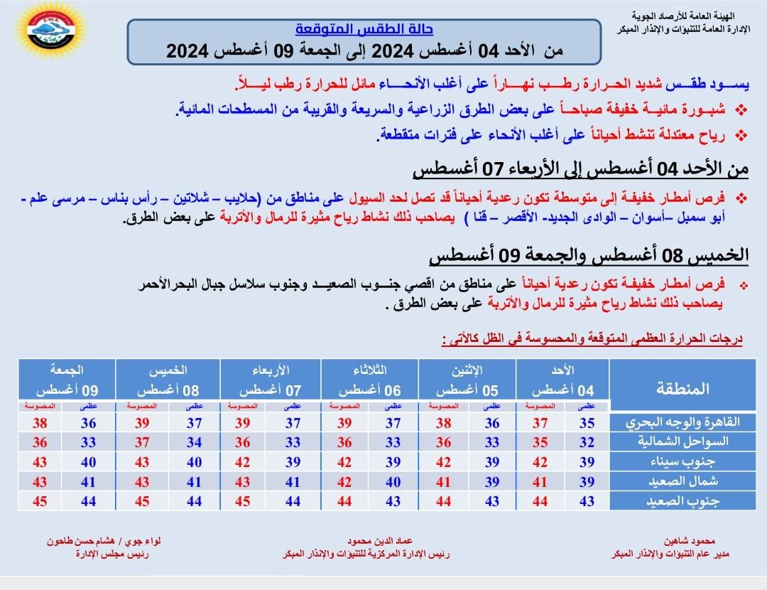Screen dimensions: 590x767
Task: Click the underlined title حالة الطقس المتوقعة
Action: (364, 30)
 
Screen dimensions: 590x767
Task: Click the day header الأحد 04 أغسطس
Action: (562, 380)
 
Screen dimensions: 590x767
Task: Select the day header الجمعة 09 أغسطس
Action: (67, 380)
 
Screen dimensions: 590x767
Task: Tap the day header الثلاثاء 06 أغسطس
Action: (369, 380)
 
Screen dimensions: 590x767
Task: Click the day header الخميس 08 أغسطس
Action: (168, 380)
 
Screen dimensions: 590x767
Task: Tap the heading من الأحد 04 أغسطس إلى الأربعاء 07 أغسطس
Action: (581, 169)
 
